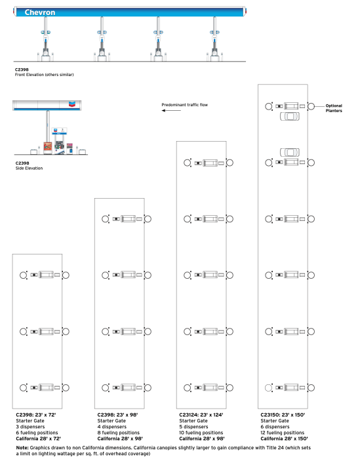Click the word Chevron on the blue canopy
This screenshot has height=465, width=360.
pos(40,12)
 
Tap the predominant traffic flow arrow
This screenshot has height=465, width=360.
pos(171,111)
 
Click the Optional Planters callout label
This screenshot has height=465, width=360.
pos(334,108)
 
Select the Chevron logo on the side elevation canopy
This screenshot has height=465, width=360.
pos(72,104)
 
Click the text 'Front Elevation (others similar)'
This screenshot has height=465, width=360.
pos(44,75)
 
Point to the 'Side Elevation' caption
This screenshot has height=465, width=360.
pos(29,168)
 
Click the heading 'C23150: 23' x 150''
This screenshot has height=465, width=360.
pos(283,415)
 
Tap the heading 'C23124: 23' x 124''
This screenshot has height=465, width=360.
pos(201,415)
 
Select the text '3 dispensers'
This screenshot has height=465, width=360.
pos(30,427)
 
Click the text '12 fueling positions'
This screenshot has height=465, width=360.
pos(283,433)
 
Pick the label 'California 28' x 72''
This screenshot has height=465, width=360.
pos(38,439)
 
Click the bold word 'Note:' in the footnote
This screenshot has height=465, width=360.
pos(22,448)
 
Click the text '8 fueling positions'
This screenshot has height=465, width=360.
pos(118,433)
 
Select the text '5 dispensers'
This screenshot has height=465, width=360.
pos(193,427)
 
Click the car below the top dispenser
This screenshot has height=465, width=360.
pos(290,116)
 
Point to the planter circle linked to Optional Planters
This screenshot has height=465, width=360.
pos(311,106)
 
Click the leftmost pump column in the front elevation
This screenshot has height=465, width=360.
pos(45,39)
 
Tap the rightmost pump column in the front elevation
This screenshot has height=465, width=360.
pos(214,39)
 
